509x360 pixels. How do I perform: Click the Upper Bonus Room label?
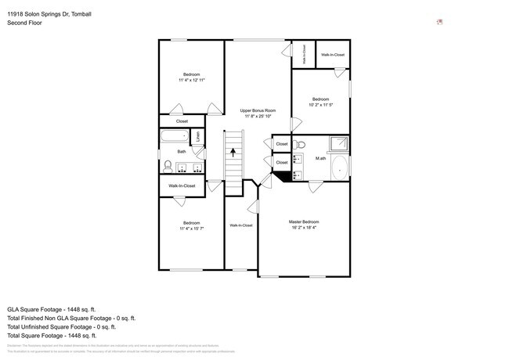(258, 110)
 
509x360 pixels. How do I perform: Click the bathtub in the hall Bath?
(174, 137)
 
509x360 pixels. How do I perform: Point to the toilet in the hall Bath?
(167, 166)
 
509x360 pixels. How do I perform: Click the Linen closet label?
(198, 136)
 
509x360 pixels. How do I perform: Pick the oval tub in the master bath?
(339, 167)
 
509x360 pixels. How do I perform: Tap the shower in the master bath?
(338, 143)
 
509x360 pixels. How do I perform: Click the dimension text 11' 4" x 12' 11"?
(192, 80)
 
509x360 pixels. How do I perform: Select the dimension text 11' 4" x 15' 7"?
(192, 229)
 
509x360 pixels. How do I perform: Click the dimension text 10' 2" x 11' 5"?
(320, 105)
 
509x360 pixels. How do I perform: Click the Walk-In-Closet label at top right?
(332, 55)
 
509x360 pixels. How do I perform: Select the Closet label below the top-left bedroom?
(182, 121)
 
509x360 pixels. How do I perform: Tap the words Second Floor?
(23, 23)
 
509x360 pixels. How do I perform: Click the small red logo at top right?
(440, 21)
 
